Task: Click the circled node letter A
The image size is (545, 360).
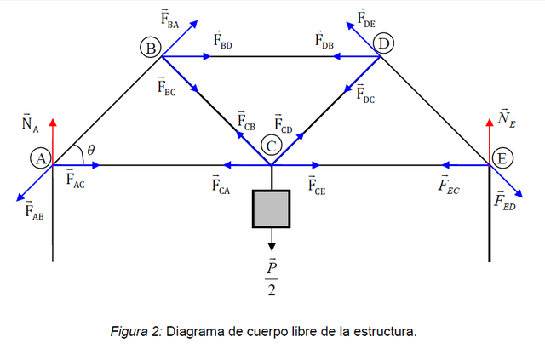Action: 40,157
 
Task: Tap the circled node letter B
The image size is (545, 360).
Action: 151,49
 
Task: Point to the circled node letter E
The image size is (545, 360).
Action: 502,158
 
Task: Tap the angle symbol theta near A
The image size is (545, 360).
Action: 90,150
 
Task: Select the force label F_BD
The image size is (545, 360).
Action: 222,40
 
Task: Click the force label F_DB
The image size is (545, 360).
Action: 324,40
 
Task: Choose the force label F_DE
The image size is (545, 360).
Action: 367,18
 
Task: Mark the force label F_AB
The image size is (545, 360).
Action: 34,209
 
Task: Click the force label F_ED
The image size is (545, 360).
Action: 505,202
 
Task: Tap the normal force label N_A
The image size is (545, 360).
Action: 31,123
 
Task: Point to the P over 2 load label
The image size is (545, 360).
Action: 272,278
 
